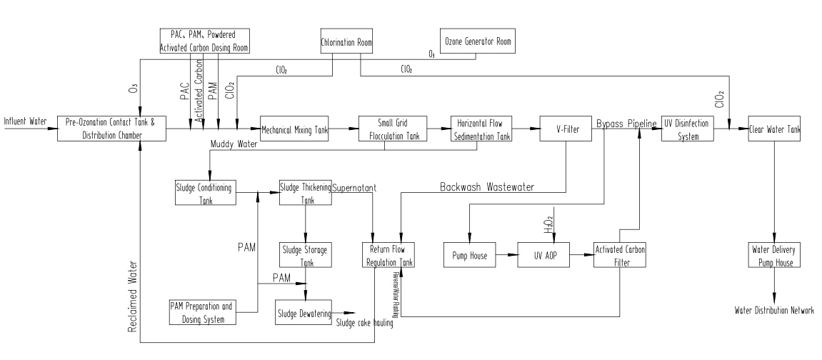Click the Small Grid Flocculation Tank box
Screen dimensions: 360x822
392,129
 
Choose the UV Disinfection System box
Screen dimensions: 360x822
685,129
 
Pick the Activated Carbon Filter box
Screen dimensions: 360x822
619,256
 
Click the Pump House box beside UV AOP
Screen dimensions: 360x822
469,256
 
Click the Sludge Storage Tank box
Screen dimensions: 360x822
305,256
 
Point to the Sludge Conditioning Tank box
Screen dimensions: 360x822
205,192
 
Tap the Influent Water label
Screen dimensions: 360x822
26,122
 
